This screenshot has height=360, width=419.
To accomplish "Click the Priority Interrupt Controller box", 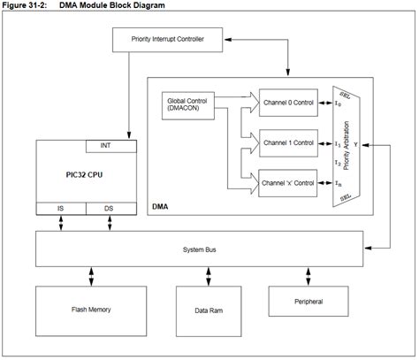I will click(x=166, y=38).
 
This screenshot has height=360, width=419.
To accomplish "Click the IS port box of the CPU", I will click(x=59, y=208).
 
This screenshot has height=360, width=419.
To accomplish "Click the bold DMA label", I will click(x=162, y=205).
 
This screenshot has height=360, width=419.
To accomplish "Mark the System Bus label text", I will click(x=198, y=249).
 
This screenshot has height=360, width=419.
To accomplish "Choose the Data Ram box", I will click(x=208, y=310).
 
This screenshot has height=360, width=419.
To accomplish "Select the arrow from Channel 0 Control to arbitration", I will click(x=325, y=103).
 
